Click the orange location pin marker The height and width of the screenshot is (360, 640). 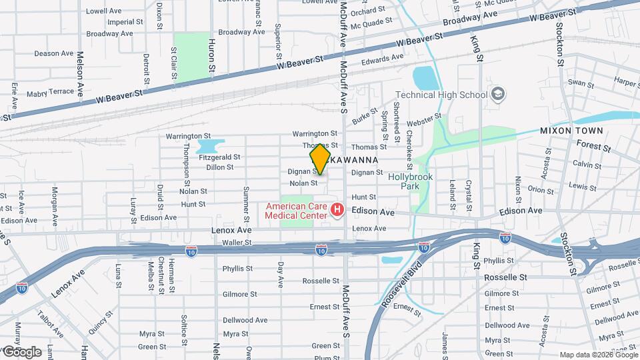(320, 159)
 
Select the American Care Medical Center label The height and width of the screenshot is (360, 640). (297, 211)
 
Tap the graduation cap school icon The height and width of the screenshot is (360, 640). (497, 94)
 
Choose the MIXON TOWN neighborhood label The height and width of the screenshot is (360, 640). (571, 131)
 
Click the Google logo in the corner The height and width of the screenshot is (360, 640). (22, 351)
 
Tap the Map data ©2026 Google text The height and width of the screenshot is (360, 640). (598, 355)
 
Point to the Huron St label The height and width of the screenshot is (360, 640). (211, 55)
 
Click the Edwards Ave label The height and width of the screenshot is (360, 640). (383, 58)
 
